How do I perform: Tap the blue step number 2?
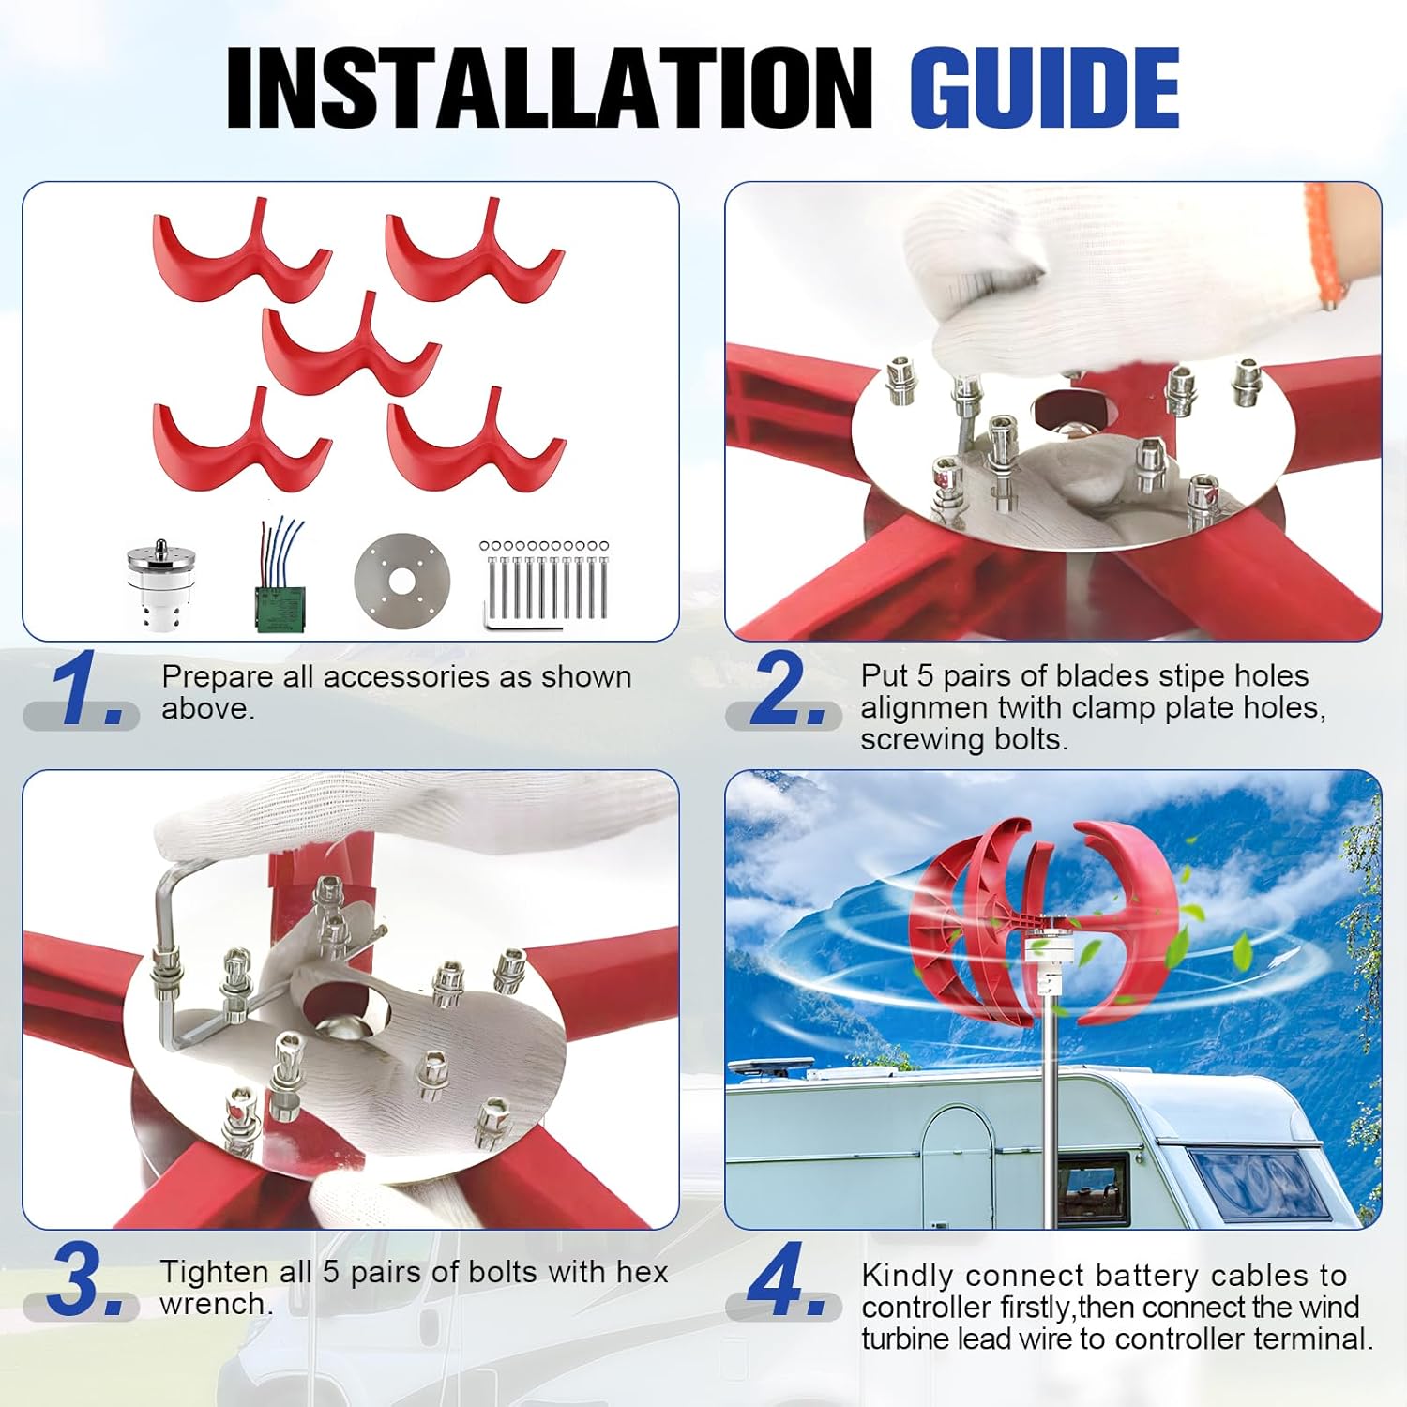pos(783,691)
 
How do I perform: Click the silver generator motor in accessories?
pos(162,583)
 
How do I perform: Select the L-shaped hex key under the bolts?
pos(516,619)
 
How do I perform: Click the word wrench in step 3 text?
pos(216,1304)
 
